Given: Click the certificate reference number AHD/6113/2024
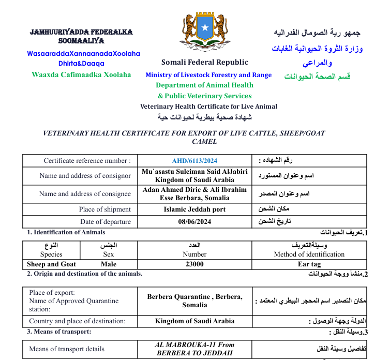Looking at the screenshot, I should [195, 161].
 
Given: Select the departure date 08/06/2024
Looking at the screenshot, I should [195, 222].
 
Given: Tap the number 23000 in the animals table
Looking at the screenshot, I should [195, 264].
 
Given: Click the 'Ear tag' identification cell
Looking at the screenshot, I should [309, 264].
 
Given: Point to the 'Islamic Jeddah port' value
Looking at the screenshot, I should [195, 209].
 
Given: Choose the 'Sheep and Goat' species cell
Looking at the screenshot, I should [51, 264].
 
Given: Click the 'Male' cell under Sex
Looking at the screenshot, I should [109, 264].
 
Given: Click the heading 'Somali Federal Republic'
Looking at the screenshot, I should [204, 63].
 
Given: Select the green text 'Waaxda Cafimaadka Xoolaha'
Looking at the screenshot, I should [81, 74].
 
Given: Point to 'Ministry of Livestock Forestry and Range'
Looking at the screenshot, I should [208, 75].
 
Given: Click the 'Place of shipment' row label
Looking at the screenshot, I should [105, 209].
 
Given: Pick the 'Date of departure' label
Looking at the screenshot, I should [106, 222].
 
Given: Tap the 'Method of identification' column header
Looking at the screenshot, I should [309, 254].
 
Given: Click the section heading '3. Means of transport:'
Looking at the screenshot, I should [59, 332].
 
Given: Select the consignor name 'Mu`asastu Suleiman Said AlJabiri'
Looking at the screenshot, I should [195, 171].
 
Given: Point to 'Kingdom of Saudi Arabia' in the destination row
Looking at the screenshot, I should [195, 321].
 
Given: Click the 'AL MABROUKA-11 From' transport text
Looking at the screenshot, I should [195, 344].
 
